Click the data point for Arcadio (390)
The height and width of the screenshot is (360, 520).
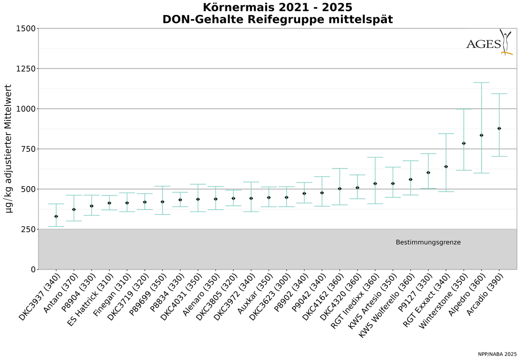pyautogui.click(x=499, y=128)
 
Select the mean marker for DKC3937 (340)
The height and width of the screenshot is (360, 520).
pyautogui.click(x=56, y=216)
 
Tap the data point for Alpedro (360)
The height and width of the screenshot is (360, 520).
pyautogui.click(x=481, y=135)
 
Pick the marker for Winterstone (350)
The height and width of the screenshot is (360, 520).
pyautogui.click(x=464, y=143)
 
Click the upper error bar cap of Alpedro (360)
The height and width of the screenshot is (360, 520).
pyautogui.click(x=481, y=82)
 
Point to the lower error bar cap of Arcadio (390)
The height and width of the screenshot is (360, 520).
pyautogui.click(x=499, y=156)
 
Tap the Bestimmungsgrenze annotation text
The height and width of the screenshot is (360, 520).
pyautogui.click(x=428, y=242)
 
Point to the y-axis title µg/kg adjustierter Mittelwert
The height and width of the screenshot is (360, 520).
pyautogui.click(x=8, y=149)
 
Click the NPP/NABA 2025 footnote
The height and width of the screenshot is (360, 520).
pyautogui.click(x=497, y=353)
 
